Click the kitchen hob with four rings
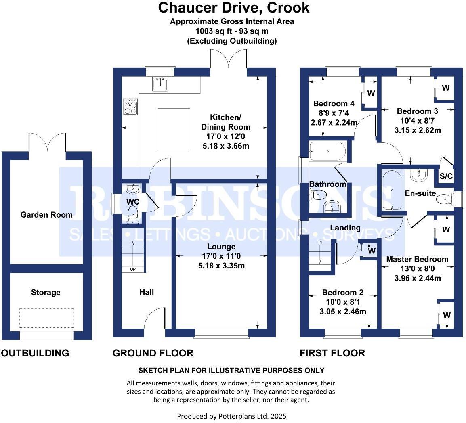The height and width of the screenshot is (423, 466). pyautogui.click(x=130, y=107)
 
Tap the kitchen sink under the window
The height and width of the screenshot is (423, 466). pyautogui.click(x=160, y=84)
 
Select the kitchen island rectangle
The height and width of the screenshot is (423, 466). pyautogui.click(x=174, y=128)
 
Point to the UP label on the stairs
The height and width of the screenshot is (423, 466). pyautogui.click(x=133, y=270)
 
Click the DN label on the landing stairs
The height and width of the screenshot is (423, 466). pyautogui.click(x=319, y=242)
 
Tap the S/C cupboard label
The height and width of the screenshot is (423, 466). pyautogui.click(x=446, y=176)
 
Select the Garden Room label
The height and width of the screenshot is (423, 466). pyautogui.click(x=47, y=215)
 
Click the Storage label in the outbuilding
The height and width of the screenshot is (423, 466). pyautogui.click(x=46, y=292)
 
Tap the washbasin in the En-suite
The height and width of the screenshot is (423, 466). pyautogui.click(x=419, y=175)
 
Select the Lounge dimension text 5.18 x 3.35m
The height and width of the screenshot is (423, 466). pyautogui.click(x=222, y=266)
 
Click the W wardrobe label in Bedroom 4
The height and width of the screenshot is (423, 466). pyautogui.click(x=371, y=93)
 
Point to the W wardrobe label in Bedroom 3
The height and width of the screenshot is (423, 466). pyautogui.click(x=446, y=88)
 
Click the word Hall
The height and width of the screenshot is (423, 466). pyautogui.click(x=147, y=292)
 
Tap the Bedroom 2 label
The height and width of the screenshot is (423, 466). pyautogui.click(x=343, y=293)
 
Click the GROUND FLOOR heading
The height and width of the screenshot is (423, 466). pyautogui.click(x=153, y=353)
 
